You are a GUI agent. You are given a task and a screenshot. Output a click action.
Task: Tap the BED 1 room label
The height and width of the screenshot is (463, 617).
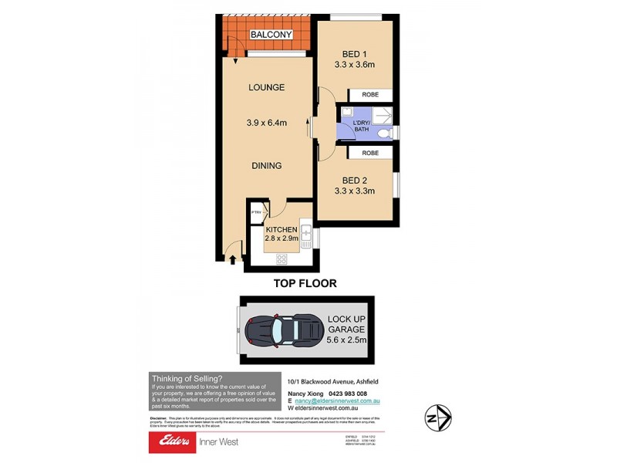pyautogui.click(x=358, y=53)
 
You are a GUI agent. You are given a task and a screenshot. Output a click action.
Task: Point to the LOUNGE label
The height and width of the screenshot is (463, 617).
pyautogui.click(x=266, y=87)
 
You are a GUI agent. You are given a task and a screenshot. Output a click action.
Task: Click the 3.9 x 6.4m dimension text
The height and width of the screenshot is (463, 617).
pyautogui.click(x=266, y=123)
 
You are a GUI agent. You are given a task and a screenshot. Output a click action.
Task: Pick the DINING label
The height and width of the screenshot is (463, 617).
pyautogui.click(x=265, y=165)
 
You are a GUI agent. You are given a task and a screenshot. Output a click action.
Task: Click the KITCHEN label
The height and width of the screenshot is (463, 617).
pyautogui.click(x=282, y=230)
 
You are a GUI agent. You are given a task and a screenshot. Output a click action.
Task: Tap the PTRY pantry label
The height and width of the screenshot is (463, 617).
pyautogui.click(x=255, y=212)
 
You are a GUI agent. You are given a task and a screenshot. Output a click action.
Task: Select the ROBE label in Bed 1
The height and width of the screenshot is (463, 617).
pyautogui.click(x=371, y=95)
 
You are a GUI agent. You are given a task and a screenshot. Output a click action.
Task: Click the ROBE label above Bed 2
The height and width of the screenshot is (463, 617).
pyautogui.click(x=371, y=154)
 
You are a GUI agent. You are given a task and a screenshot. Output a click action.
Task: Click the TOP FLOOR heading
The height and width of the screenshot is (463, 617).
pyautogui.click(x=305, y=283)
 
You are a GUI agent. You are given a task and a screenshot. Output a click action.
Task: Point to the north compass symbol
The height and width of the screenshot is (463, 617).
pyautogui.click(x=437, y=417)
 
